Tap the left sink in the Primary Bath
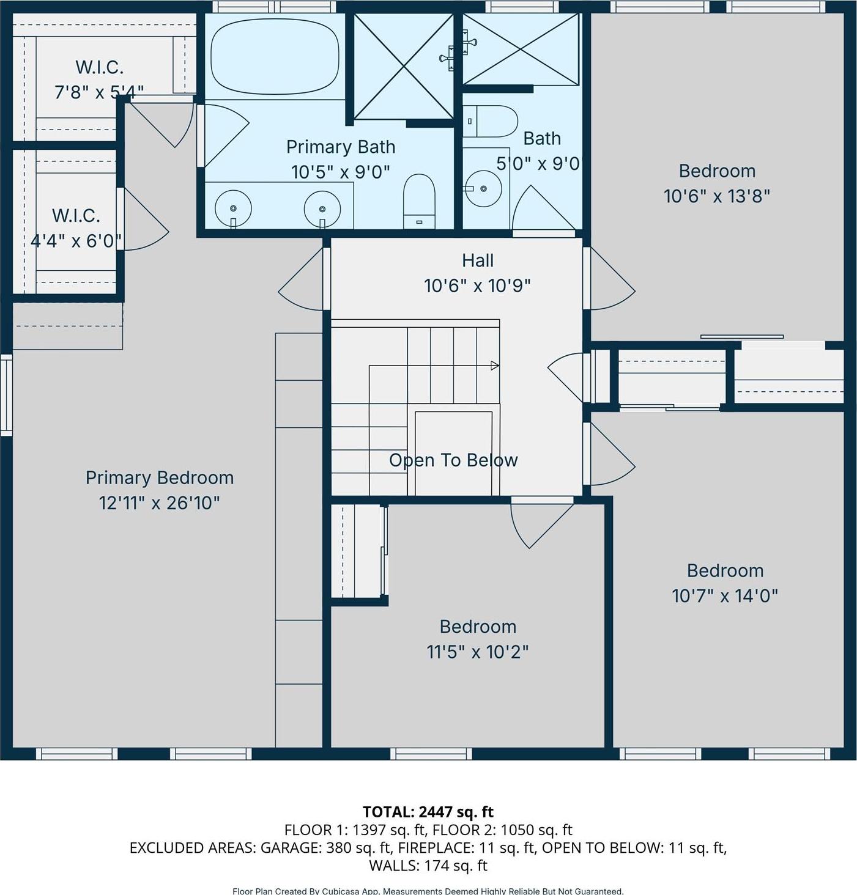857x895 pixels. pyautogui.click(x=234, y=208)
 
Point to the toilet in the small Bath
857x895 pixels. pyautogui.click(x=491, y=121)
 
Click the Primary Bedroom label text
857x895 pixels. pyautogui.click(x=159, y=477)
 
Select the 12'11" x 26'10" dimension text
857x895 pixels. pyautogui.click(x=159, y=503)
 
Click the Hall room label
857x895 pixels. pyautogui.click(x=477, y=260)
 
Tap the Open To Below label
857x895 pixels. pyautogui.click(x=453, y=460)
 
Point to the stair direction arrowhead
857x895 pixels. pyautogui.click(x=495, y=366)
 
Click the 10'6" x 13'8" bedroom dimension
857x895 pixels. pyautogui.click(x=716, y=196)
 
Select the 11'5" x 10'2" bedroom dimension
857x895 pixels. pyautogui.click(x=477, y=652)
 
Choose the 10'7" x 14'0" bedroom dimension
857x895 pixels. pyautogui.click(x=724, y=595)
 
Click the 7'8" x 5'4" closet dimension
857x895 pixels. pyautogui.click(x=99, y=92)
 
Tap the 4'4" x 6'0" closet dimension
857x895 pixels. pyautogui.click(x=76, y=241)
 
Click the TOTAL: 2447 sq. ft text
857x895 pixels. pyautogui.click(x=428, y=812)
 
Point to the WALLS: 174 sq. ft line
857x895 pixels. pyautogui.click(x=428, y=865)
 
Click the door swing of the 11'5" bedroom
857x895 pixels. pyautogui.click(x=538, y=523)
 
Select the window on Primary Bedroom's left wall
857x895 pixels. pyautogui.click(x=6, y=394)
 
